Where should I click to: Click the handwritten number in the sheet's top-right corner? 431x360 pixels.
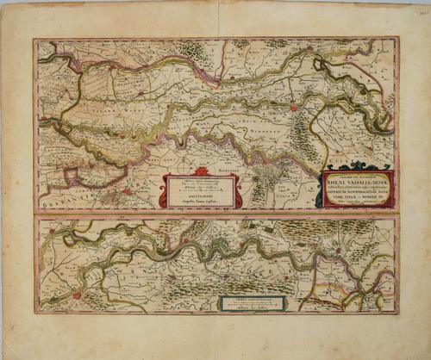(x=422, y=12)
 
